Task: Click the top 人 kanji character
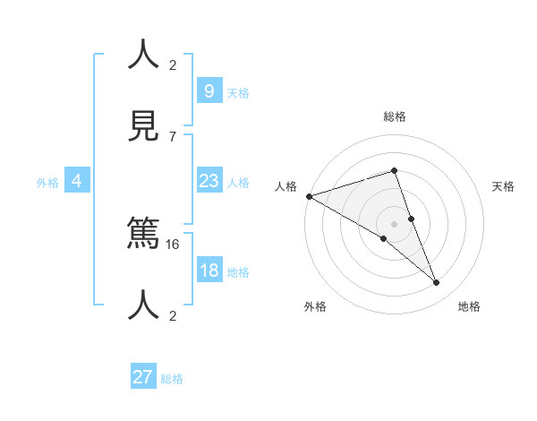tap(144, 55)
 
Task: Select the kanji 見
tap(144, 125)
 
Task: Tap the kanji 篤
tap(144, 234)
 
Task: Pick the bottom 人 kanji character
tap(144, 305)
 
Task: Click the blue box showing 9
tap(209, 90)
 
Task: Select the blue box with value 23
tap(209, 181)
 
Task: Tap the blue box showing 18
tap(209, 271)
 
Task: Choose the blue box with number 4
tap(77, 181)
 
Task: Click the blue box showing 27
tap(143, 377)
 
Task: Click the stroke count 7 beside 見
tap(173, 136)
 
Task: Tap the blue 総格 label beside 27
tap(172, 379)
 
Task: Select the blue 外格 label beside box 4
tap(47, 182)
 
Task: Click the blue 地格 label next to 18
tap(238, 272)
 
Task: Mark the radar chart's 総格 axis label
tap(394, 116)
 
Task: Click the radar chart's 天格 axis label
tap(503, 186)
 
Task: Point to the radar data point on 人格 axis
tap(309, 196)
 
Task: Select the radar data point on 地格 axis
tap(437, 283)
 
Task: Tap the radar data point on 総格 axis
tap(394, 170)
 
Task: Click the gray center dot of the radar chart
tap(394, 223)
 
